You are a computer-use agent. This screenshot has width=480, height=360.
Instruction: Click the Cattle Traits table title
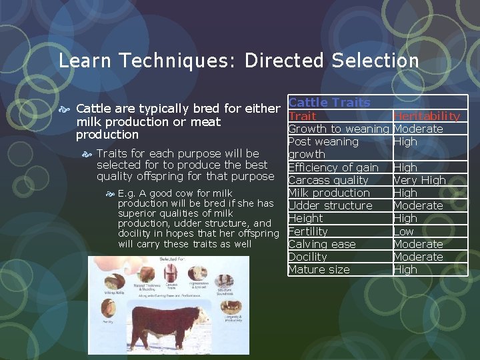click(x=329, y=103)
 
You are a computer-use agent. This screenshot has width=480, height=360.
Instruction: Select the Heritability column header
click(x=427, y=116)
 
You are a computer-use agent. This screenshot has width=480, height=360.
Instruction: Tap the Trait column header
click(x=302, y=116)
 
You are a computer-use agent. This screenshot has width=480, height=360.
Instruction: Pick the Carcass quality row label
click(x=328, y=180)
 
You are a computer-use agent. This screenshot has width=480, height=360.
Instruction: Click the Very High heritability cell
click(x=419, y=180)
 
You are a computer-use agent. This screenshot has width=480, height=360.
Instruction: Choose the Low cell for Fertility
click(x=403, y=231)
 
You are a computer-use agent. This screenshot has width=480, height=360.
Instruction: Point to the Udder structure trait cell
click(x=330, y=205)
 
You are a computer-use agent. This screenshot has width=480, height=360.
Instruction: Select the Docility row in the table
click(x=307, y=257)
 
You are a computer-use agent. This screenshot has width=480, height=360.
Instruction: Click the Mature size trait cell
click(x=319, y=269)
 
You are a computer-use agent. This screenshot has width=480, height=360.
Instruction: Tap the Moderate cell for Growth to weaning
click(x=418, y=129)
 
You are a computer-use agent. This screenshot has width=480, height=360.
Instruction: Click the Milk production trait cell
click(x=329, y=193)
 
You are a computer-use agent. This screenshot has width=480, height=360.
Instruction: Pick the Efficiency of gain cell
click(x=333, y=167)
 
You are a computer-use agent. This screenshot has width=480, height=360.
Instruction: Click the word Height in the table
click(x=305, y=218)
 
